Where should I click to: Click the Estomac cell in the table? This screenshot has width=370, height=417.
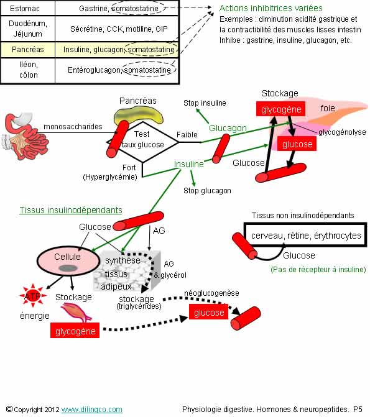pos(25,9)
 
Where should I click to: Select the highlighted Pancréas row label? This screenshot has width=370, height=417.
pos(28,50)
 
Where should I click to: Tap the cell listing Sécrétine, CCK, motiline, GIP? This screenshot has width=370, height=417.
pos(119,29)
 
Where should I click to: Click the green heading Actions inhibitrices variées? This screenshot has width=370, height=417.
pos(271,8)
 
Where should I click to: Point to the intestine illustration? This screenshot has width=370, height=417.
pos(25,136)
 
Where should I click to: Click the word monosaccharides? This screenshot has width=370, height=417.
pos(73,127)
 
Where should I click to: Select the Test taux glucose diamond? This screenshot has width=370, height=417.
pos(142,142)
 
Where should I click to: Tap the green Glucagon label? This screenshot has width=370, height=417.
pos(228,128)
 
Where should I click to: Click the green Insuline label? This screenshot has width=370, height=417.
pos(188,164)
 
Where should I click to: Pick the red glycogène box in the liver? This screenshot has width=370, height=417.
pos(280,109)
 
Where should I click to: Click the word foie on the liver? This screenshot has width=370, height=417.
pos(328,108)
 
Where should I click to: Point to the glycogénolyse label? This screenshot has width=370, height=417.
pos(342,132)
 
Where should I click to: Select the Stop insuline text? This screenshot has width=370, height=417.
pos(205,103)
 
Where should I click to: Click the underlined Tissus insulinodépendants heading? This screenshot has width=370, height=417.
pos(71,210)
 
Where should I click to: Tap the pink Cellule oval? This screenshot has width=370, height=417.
pos(68,261)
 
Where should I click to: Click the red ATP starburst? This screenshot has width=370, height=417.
pos(33,296)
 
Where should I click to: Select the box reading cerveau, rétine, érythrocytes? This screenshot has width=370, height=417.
pos(305,235)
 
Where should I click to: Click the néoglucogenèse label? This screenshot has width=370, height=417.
pos(211,293)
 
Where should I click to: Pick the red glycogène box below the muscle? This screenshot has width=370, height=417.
pos(75,331)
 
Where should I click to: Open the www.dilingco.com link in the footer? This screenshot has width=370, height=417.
pos(92,410)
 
